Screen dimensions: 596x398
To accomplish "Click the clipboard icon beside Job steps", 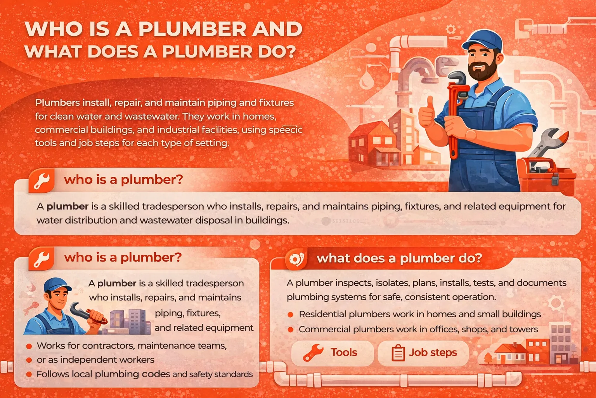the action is (398, 353).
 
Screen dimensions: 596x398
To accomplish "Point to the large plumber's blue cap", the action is (483, 40).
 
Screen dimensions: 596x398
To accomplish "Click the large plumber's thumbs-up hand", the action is (427, 112).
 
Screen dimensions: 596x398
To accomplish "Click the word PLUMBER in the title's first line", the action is (192, 28).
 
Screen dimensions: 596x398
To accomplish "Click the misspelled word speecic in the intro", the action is (286, 130).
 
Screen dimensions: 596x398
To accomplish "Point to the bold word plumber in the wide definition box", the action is (67, 206).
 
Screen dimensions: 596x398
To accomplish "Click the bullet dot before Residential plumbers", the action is (291, 314).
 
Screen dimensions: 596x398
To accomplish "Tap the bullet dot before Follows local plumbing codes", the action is (29, 375).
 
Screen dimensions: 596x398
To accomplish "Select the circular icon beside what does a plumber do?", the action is (296, 259).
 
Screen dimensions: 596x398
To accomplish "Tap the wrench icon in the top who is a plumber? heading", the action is (42, 180).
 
